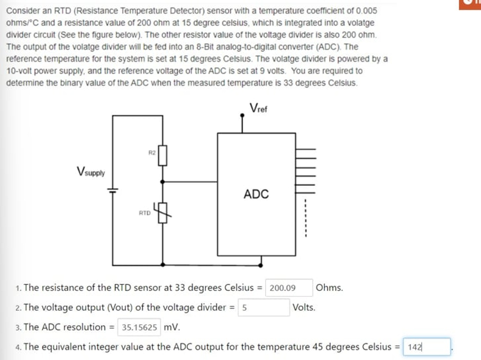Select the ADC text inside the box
click(256, 194)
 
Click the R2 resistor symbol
click(162, 156)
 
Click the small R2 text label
click(151, 152)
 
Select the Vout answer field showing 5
click(264, 307)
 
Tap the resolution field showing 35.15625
click(139, 327)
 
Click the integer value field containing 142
click(426, 347)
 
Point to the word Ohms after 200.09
click(330, 288)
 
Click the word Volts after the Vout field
click(304, 307)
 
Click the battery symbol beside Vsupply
click(112, 190)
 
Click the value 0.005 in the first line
click(366, 11)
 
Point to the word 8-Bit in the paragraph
click(206, 47)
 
